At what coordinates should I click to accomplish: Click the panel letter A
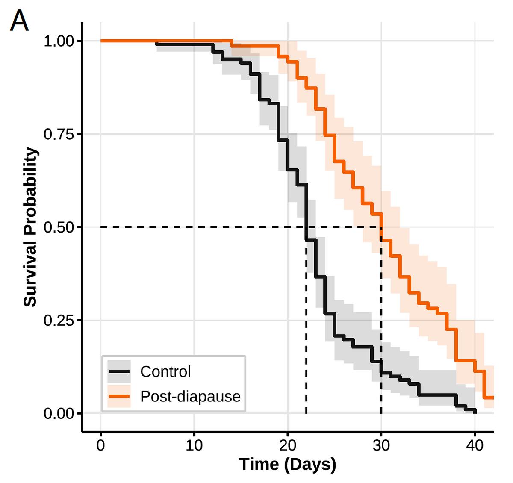click(x=19, y=21)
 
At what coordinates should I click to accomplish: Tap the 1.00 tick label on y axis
click(x=59, y=41)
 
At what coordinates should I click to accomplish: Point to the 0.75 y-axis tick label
click(x=59, y=134)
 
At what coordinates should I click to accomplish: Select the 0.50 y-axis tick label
click(x=59, y=227)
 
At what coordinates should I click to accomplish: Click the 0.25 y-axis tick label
click(x=59, y=321)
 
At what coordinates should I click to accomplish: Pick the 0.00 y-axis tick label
click(x=59, y=414)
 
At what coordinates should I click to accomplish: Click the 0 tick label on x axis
click(x=101, y=445)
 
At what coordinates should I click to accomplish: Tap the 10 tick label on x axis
click(x=194, y=445)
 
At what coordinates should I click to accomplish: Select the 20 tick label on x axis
click(x=288, y=445)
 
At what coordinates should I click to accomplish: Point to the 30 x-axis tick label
click(x=381, y=445)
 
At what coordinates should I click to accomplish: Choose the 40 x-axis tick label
click(x=475, y=445)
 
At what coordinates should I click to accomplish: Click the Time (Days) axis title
click(x=287, y=464)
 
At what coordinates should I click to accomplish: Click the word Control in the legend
click(x=165, y=372)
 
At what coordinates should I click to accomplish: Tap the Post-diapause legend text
click(x=190, y=397)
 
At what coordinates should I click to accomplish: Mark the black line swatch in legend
click(x=119, y=371)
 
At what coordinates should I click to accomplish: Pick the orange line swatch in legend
click(x=119, y=396)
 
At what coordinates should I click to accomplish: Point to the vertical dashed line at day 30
click(x=381, y=325)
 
